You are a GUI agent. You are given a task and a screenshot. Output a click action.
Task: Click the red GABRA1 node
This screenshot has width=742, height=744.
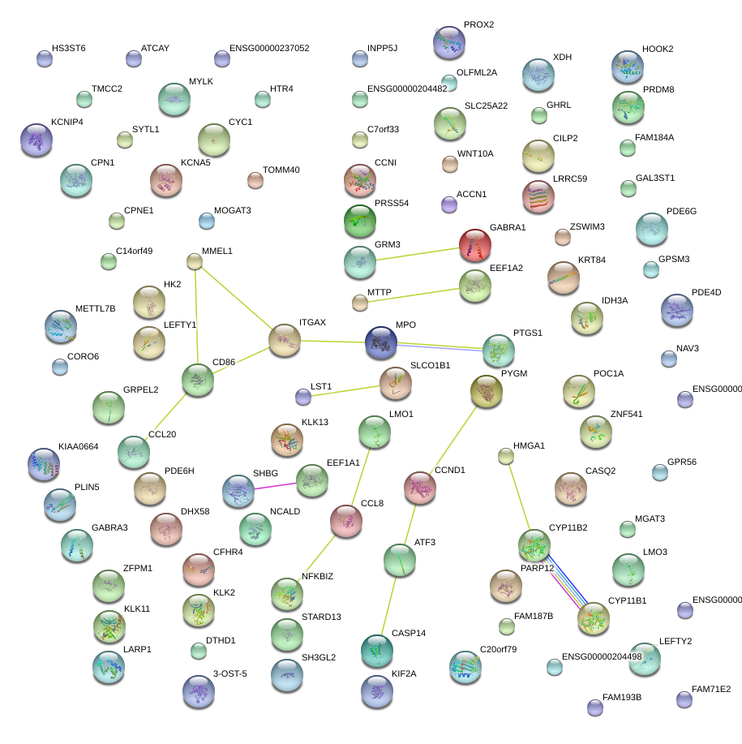tap(475, 244)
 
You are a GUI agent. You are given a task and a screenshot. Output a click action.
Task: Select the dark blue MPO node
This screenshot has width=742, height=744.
tap(380, 342)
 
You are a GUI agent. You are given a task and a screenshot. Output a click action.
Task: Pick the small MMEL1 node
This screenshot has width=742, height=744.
tap(195, 261)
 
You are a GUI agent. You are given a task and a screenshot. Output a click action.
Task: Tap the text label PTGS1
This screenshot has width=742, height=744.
tap(528, 333)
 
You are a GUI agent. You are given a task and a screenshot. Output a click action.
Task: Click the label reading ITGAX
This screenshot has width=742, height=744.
tap(312, 323)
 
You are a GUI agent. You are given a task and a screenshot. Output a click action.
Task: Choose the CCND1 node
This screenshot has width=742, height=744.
tap(420, 487)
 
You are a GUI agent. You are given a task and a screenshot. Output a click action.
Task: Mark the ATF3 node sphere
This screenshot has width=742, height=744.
tap(400, 559)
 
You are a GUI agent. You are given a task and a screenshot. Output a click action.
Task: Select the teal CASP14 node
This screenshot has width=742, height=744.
tap(375, 650)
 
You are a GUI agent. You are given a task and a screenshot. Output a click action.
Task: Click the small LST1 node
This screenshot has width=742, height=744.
tap(303, 397)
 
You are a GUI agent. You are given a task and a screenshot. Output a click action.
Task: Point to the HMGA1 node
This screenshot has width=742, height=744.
tap(505, 457)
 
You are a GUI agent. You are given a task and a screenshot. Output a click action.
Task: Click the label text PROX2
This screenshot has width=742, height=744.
tap(478, 25)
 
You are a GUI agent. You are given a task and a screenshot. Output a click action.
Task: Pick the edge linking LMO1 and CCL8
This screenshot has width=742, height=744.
tap(361, 470)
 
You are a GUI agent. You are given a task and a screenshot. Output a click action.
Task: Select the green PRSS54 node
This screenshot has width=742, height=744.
tap(359, 220)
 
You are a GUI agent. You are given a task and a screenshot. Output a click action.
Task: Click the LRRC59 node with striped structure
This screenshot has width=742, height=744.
tap(538, 196)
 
